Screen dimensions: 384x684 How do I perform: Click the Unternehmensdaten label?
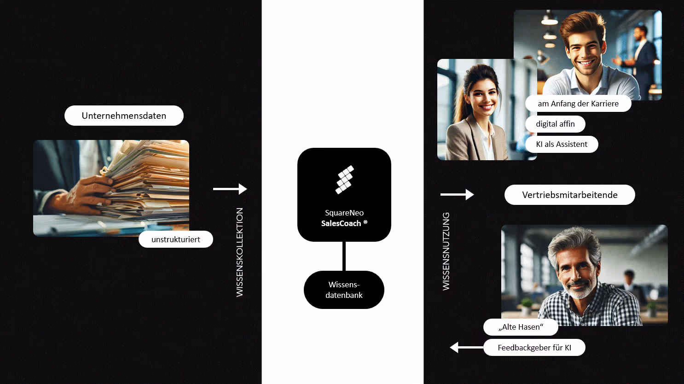click(124, 116)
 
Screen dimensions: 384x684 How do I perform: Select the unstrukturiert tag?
click(176, 239)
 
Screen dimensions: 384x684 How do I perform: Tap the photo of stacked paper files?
click(111, 187)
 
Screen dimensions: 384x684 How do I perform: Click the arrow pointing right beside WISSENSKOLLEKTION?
click(230, 189)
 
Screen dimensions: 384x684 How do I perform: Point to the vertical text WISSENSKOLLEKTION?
click(240, 252)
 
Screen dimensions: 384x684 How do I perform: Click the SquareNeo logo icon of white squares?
click(344, 179)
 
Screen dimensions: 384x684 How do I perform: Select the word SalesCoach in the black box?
click(341, 223)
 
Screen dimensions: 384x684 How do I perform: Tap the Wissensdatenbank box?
click(344, 290)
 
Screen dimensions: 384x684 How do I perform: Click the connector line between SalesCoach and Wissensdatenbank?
click(344, 256)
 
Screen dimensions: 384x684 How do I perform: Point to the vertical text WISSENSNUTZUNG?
click(446, 251)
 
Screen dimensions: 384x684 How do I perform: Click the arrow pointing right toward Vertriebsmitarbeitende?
click(457, 195)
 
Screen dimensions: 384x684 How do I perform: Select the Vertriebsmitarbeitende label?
click(569, 195)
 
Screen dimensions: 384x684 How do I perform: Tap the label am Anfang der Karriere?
click(578, 104)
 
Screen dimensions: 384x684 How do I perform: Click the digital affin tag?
click(555, 124)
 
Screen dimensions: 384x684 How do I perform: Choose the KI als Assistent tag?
click(562, 144)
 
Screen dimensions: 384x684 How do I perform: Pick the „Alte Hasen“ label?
click(521, 327)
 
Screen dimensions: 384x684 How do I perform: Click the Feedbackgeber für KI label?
click(534, 348)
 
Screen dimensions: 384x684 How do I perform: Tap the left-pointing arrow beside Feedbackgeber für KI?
click(466, 348)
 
